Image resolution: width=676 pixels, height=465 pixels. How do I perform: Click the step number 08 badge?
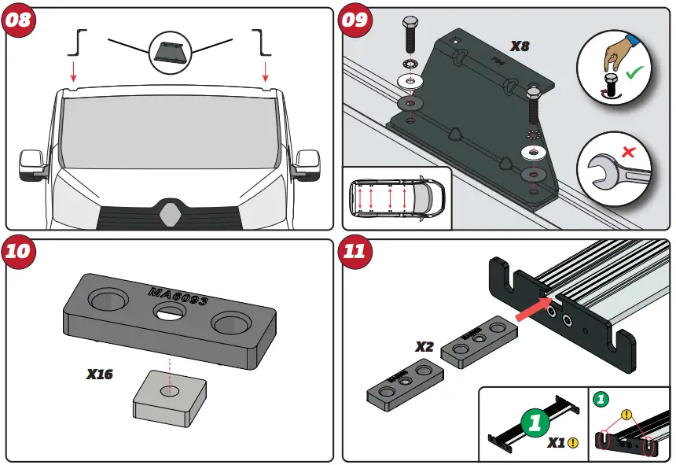coord(19,19)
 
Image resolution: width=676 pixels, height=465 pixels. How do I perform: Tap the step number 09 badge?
coord(355,19)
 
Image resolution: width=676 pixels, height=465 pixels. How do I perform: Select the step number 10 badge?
coord(19,251)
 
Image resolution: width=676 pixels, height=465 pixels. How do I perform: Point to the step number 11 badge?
coord(355,251)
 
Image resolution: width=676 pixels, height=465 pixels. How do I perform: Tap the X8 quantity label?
coord(520,46)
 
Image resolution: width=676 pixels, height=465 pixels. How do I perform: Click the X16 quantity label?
coord(100,375)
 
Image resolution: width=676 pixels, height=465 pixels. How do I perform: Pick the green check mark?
coord(634,76)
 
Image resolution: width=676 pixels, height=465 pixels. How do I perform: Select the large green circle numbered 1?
coord(536,423)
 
